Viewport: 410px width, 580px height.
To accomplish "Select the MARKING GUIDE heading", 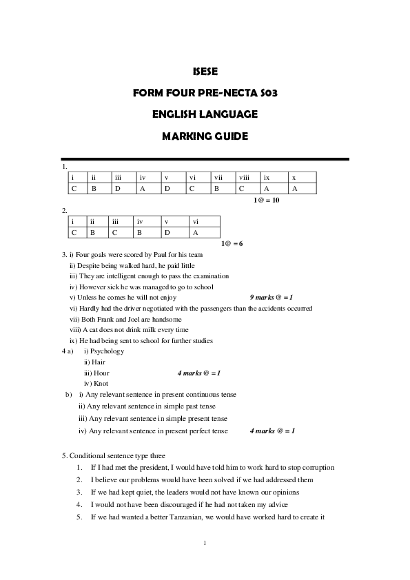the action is [205, 136].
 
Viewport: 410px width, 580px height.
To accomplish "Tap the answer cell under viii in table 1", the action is [247, 188].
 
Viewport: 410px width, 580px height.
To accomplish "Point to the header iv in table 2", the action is [139, 221].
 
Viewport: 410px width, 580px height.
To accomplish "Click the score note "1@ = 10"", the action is [266, 200].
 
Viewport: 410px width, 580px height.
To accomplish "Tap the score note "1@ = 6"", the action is [232, 243].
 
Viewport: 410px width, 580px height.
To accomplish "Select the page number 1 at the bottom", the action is [205, 543].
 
